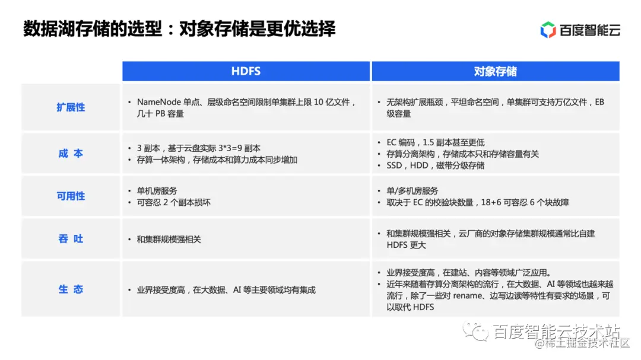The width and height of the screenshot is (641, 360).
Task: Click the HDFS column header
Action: coord(246,72)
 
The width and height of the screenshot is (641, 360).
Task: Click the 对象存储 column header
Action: coord(495,72)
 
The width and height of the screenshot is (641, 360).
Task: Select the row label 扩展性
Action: coord(71,107)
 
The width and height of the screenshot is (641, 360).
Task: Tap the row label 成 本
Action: coord(71,154)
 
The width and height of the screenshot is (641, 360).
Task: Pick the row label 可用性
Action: coord(71,196)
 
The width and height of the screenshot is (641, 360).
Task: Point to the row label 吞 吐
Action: coord(71,239)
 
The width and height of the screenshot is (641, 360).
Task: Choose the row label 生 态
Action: coord(71,289)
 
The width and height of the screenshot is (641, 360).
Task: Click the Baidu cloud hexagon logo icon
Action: coord(548,30)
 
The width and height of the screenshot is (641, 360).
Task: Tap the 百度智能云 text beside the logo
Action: coord(589,30)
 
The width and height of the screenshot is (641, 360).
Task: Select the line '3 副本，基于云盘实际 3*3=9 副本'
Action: coord(199,148)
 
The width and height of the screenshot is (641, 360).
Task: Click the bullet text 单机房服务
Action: coord(157,191)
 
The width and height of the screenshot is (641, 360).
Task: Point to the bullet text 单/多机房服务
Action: coord(412,191)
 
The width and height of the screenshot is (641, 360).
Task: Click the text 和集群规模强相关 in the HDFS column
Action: coord(169,239)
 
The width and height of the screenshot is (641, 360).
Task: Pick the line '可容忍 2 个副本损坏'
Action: coord(173,202)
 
